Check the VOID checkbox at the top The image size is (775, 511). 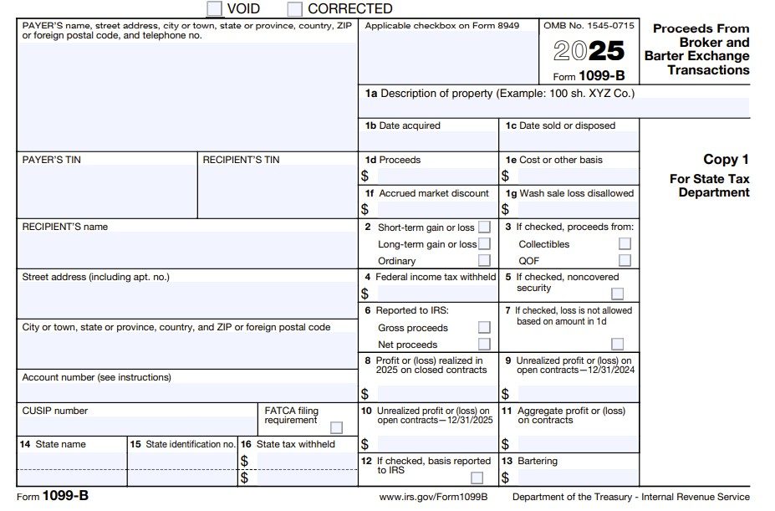215,9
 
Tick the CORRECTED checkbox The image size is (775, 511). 295,9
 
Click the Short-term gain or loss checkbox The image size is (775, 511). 484,227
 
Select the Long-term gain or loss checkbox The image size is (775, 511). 484,244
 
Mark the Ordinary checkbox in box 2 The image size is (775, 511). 484,260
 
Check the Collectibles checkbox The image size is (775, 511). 625,244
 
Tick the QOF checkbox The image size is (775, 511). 625,260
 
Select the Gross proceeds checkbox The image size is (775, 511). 484,328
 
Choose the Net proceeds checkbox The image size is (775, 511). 484,344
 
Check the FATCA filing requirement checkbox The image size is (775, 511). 336,427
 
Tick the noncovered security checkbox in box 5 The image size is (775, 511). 617,294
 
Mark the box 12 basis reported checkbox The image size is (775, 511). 477,478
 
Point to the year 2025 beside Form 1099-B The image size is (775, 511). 589,52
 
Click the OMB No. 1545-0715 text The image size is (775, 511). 589,26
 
